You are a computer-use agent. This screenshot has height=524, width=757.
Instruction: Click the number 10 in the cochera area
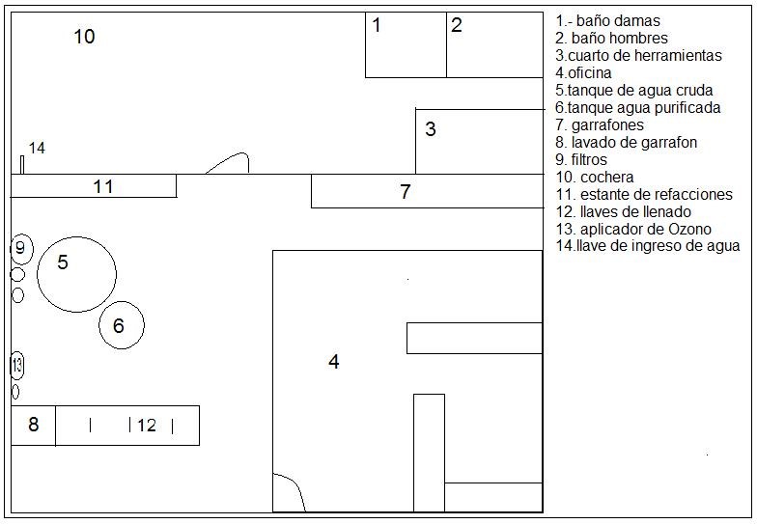84,37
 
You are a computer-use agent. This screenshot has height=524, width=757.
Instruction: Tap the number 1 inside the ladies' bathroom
377,25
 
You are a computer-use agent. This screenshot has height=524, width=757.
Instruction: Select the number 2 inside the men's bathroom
456,25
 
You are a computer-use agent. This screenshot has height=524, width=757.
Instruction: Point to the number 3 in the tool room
431,129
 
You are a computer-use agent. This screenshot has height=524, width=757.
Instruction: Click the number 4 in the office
334,361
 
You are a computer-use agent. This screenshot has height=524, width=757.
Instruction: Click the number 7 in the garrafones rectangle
406,191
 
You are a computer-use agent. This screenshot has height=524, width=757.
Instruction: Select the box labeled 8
33,426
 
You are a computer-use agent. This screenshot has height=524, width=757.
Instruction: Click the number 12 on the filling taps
147,425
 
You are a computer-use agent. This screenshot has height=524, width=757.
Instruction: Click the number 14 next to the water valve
37,148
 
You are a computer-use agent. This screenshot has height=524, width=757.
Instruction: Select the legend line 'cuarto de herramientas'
638,56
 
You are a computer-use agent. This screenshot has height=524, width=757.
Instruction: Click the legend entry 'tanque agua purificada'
637,108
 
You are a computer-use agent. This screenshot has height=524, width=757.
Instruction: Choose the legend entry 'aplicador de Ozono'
633,229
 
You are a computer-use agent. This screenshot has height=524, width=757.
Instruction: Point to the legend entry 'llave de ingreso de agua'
647,245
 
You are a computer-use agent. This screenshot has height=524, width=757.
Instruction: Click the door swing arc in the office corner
295,484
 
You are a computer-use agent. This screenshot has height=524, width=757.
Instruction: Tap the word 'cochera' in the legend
606,178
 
